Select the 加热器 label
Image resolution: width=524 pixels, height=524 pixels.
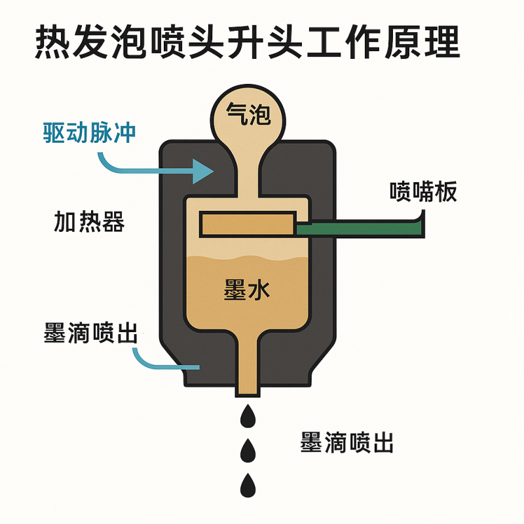click(89, 223)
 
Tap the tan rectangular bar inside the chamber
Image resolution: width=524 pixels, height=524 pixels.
click(247, 224)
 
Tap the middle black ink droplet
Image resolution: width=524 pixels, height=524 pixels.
click(248, 450)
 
